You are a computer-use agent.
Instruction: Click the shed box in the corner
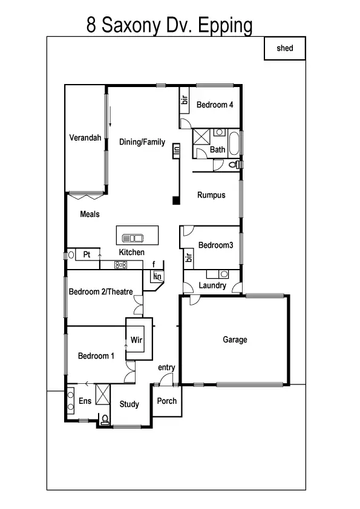click(x=285, y=48)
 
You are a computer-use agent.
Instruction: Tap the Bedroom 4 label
click(x=215, y=105)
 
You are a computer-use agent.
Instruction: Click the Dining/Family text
click(x=142, y=143)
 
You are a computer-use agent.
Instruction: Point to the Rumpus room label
click(x=211, y=195)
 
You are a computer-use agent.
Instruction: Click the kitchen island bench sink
click(x=132, y=238)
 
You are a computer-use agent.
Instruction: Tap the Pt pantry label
click(x=87, y=255)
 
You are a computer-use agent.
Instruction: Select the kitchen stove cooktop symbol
click(x=120, y=264)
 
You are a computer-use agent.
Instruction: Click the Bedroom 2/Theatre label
click(x=100, y=292)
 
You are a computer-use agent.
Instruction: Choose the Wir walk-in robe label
click(x=137, y=341)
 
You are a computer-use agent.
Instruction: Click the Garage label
click(x=235, y=340)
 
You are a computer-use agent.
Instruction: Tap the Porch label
click(x=167, y=401)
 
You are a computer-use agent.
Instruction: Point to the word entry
click(x=166, y=368)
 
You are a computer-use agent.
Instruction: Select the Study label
click(x=129, y=404)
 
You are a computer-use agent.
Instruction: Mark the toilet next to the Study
click(x=105, y=419)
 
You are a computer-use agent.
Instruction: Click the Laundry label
click(x=212, y=285)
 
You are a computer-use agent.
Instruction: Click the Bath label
click(x=218, y=150)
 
